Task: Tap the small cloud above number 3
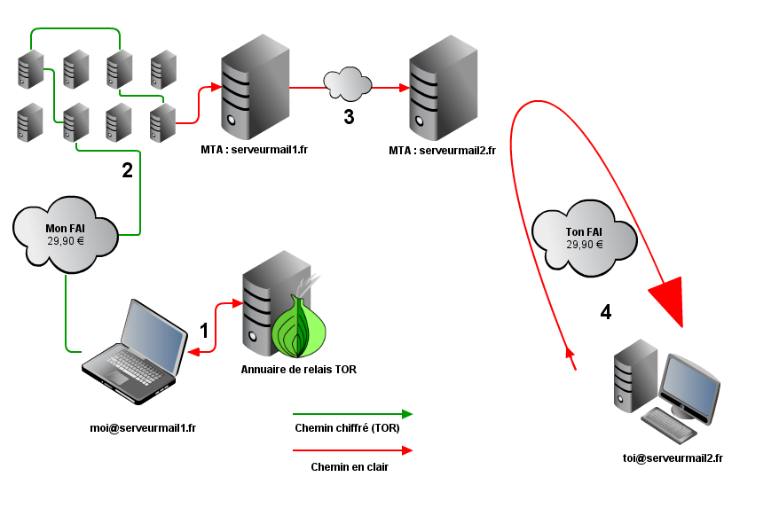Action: [348, 83]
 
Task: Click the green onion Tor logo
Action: [298, 326]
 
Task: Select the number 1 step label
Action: [204, 331]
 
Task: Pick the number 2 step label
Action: [127, 171]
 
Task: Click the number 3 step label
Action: [349, 116]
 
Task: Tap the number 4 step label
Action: [606, 312]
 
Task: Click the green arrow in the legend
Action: [352, 414]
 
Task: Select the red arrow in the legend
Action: [352, 450]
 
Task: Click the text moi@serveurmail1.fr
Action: [143, 427]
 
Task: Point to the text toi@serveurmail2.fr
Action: [673, 457]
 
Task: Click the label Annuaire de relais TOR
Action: [298, 369]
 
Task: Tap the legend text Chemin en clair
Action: [350, 467]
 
